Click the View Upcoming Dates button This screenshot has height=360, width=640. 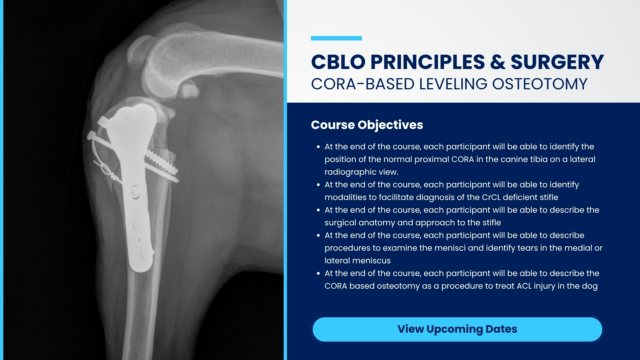tap(457, 329)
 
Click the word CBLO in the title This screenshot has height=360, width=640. tap(338, 62)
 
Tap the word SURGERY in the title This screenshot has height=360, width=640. tap(557, 62)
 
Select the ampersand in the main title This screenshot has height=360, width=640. tap(498, 62)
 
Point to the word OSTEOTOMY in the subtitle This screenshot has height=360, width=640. tap(540, 84)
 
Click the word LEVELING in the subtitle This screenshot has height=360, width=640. tap(454, 84)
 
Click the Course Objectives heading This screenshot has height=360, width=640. tap(367, 125)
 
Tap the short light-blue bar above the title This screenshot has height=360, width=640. tap(336, 38)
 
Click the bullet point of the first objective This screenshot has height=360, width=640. tap(318, 147)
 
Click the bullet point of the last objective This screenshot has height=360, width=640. tap(318, 274)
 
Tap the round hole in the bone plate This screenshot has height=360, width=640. tap(135, 192)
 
